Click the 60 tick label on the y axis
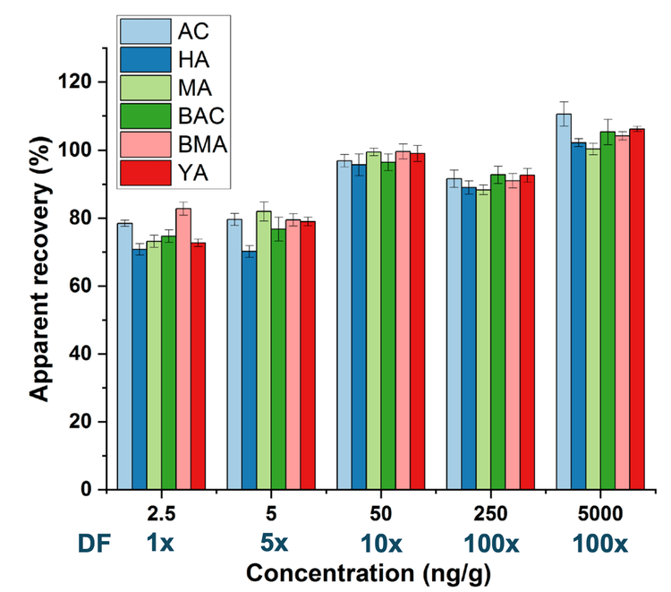click(x=84, y=286)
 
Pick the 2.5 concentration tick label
click(x=161, y=514)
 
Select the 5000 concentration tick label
click(x=599, y=514)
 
